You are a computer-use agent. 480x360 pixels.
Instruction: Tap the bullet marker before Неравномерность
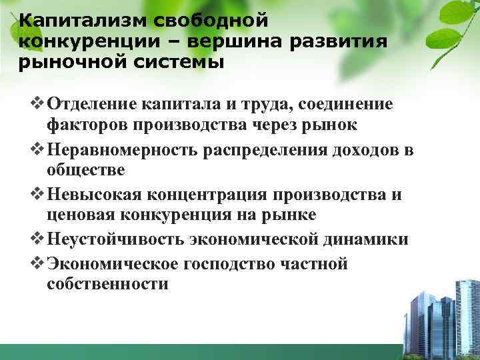38,149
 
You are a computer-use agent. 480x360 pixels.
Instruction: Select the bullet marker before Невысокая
38,195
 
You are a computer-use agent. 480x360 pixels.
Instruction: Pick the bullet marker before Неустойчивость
38,241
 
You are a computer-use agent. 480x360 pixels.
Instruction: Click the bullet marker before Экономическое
38,263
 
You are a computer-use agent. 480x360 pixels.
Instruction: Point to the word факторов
87,125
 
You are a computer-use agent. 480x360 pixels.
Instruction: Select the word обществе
86,171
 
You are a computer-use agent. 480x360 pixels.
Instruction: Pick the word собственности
108,285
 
